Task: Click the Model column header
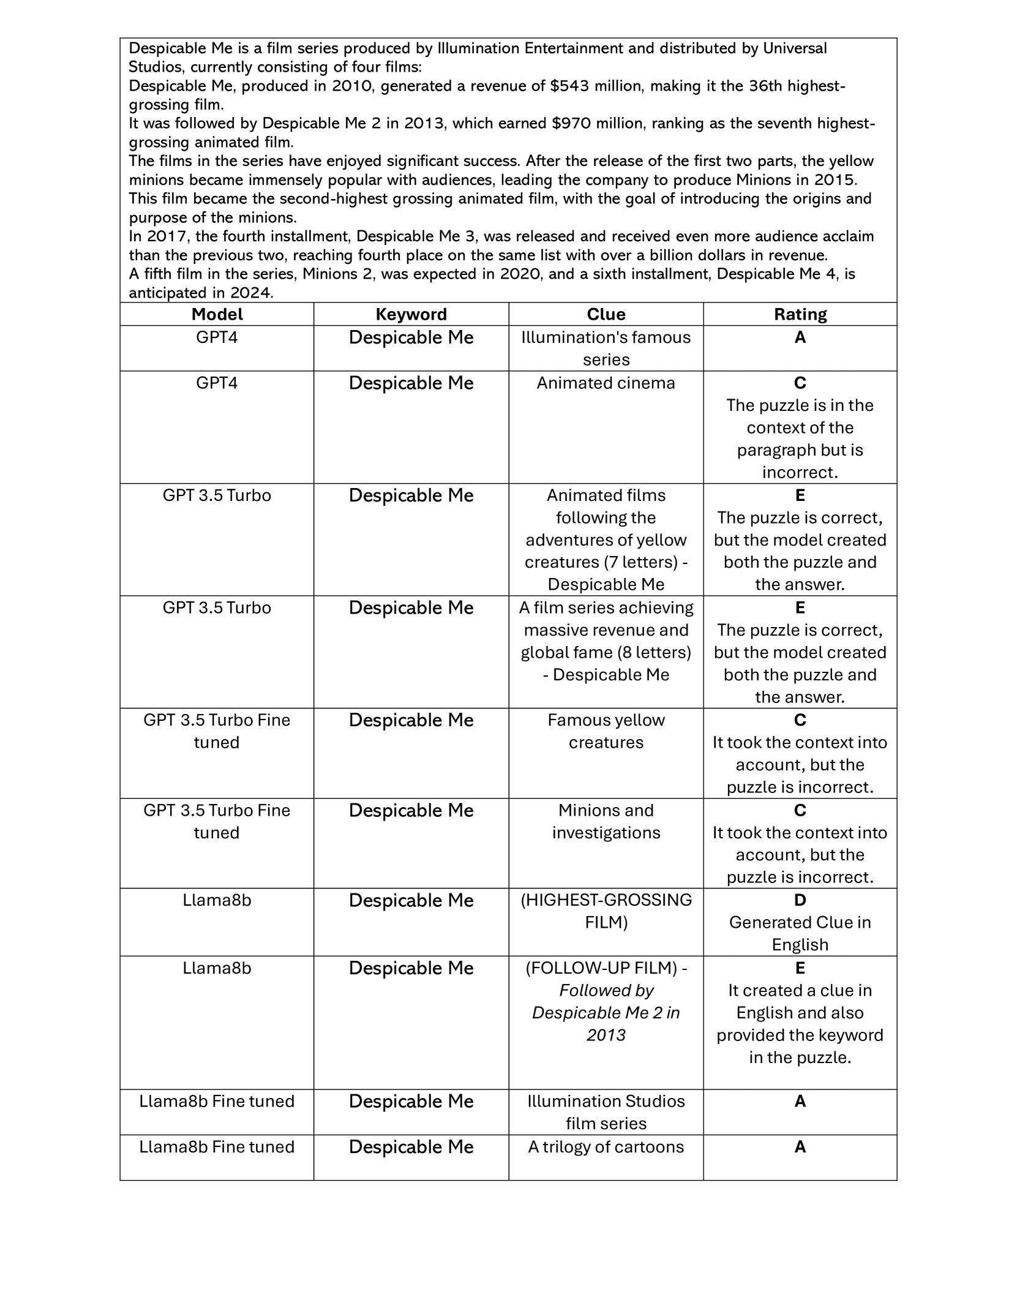217,314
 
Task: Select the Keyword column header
411,314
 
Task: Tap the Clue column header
606,314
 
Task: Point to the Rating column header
800,314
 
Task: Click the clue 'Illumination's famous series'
606,348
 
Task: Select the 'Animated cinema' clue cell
606,383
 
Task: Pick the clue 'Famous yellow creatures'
606,731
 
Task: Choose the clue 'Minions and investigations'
606,821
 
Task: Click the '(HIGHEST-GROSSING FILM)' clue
606,911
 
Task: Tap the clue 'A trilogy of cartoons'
606,1146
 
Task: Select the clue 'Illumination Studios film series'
606,1112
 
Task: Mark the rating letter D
800,900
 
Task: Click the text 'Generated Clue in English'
800,933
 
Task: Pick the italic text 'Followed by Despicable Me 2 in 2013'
606,1013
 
